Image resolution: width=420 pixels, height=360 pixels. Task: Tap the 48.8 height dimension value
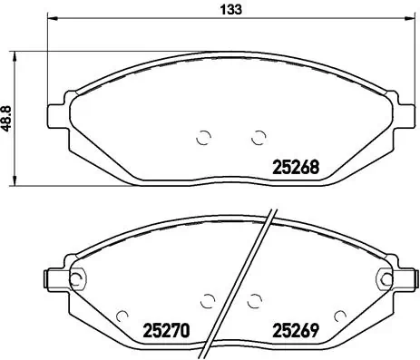click(x=8, y=118)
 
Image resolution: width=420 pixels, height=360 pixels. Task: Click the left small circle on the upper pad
click(x=204, y=138)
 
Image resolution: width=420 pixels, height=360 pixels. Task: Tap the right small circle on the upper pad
click(x=258, y=138)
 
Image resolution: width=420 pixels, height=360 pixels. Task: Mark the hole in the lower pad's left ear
click(x=77, y=277)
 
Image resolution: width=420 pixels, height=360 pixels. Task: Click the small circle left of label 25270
click(x=124, y=316)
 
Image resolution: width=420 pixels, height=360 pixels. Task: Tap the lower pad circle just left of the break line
click(x=209, y=298)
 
